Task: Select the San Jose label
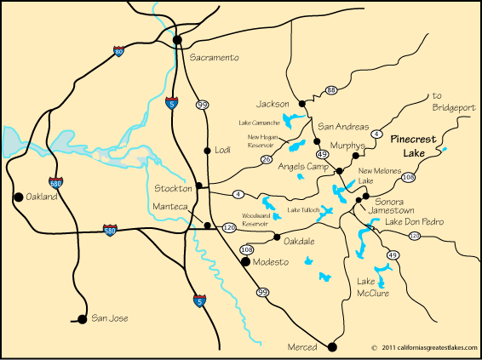coord(110,318)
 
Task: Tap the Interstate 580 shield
coord(109,230)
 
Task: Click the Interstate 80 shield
coord(118,52)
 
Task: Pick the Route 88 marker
coord(331,90)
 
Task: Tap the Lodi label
coord(223,151)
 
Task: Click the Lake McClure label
coord(373,287)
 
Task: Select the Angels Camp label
coord(303,167)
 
